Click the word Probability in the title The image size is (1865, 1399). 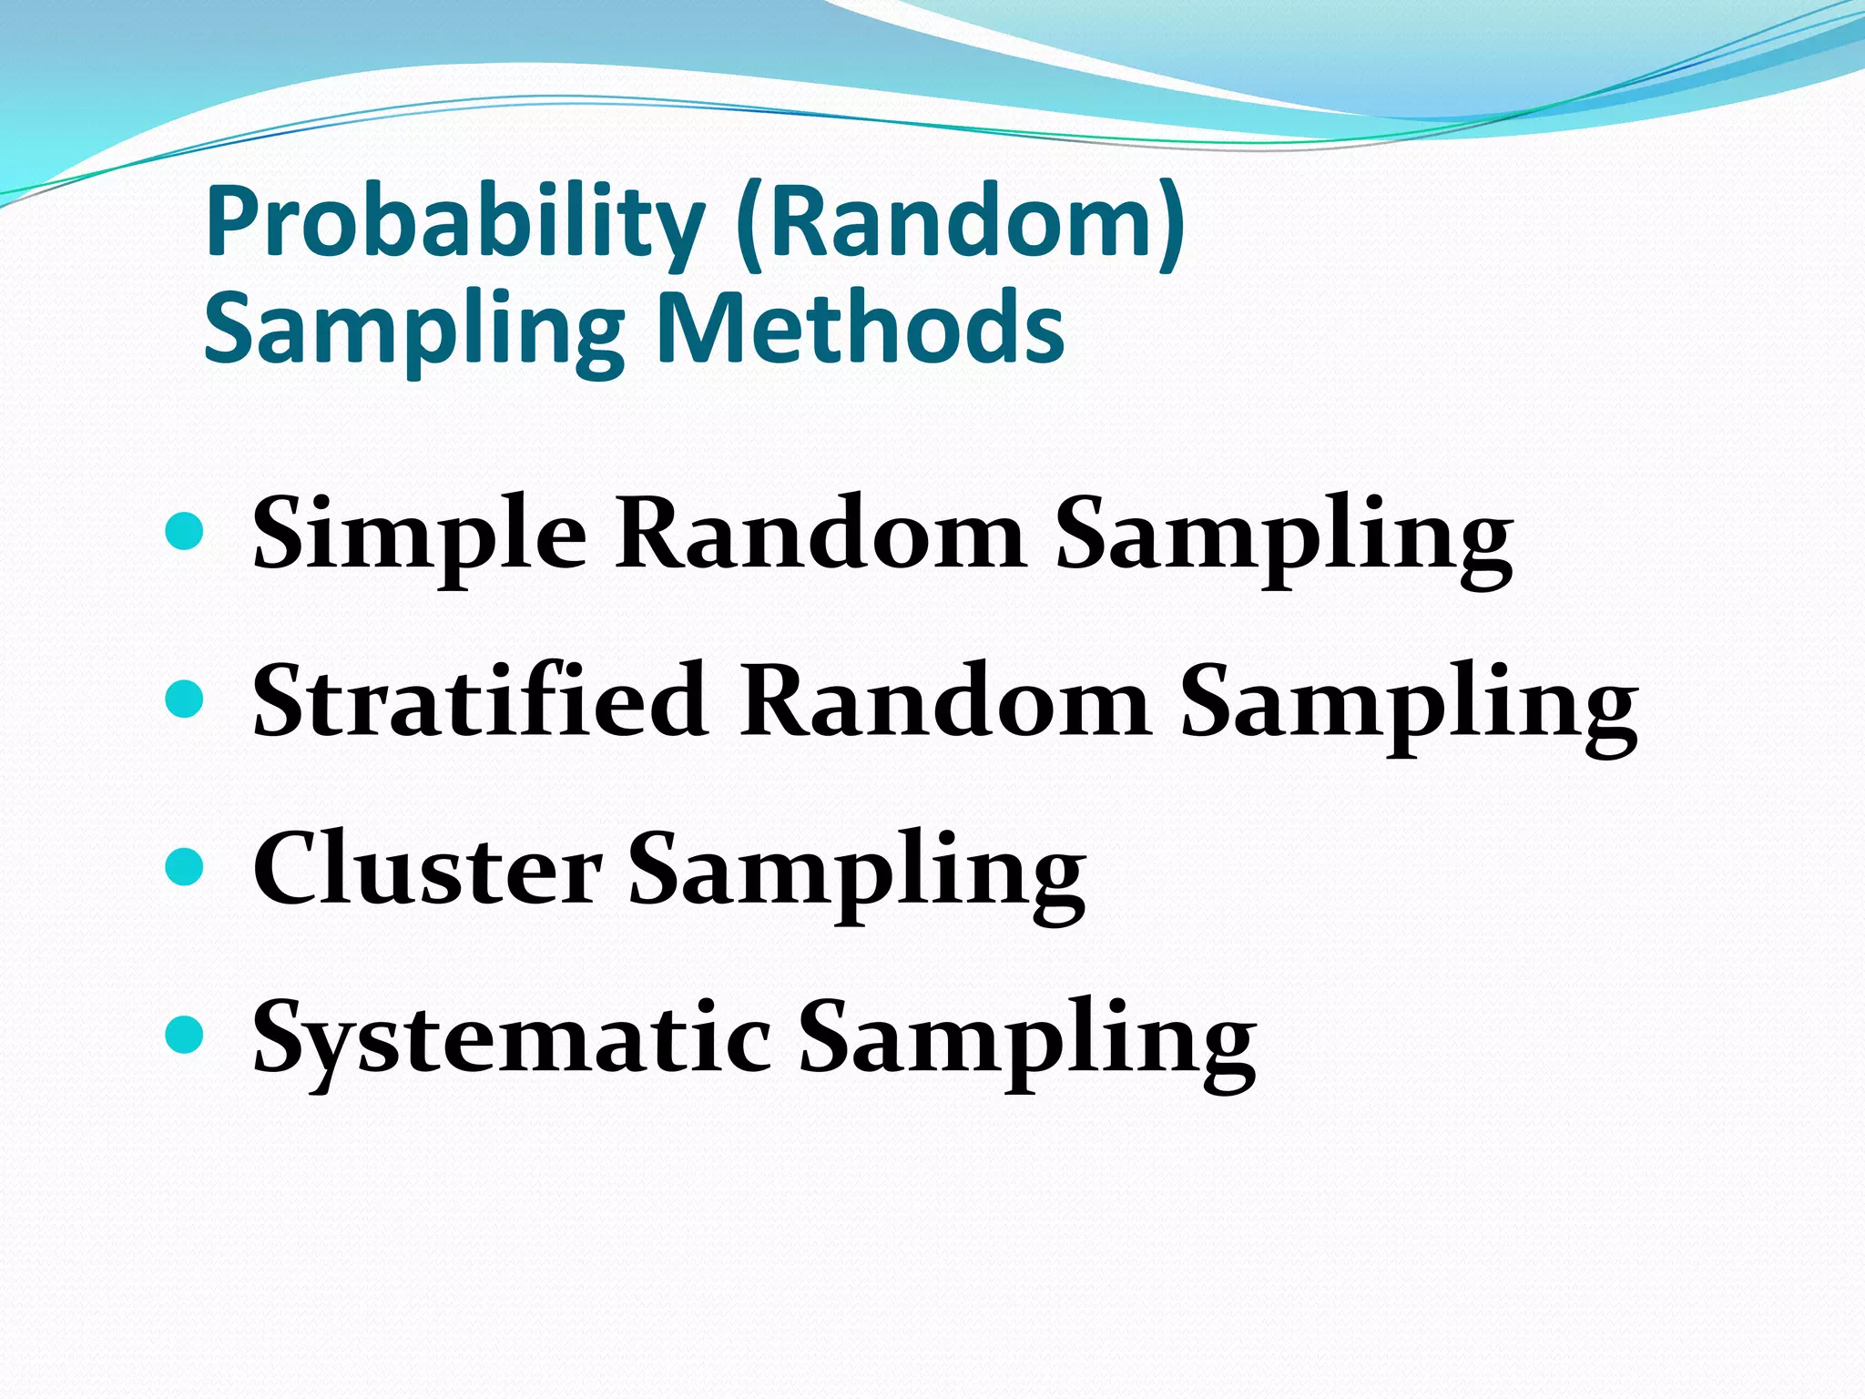coord(455,223)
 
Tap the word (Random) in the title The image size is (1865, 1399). coord(961,223)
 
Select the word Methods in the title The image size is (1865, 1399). coord(861,328)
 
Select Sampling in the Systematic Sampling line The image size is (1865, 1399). coord(1026,1040)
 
